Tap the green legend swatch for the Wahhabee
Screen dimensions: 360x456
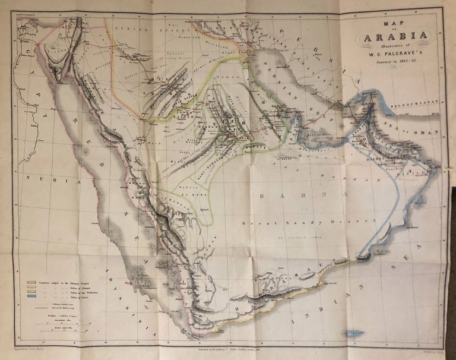coord(30,291)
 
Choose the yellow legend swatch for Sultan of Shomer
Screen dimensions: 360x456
coord(30,286)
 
